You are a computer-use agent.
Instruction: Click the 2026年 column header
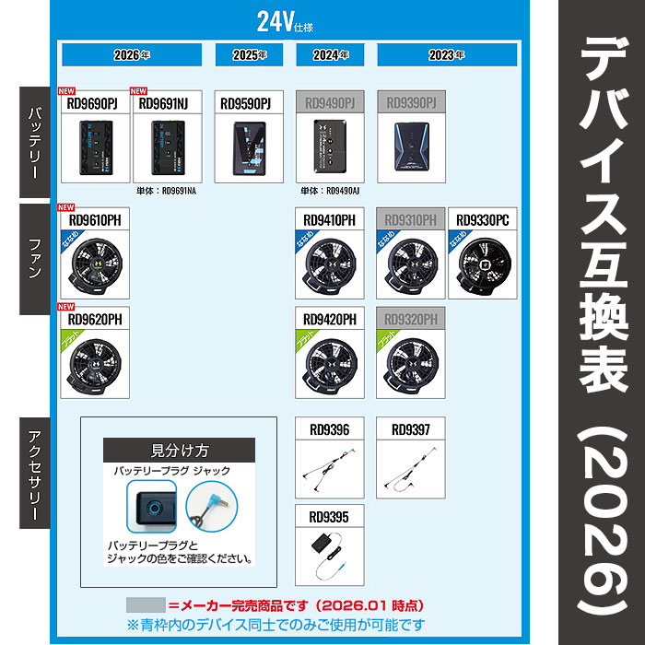130,54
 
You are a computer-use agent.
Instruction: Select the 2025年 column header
249,54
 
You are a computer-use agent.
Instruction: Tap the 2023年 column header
447,54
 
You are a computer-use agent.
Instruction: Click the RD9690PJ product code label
92,104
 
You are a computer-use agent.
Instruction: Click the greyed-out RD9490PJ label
329,104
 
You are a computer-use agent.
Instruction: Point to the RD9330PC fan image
483,261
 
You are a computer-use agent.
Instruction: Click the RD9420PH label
330,319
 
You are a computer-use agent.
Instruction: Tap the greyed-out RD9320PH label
410,319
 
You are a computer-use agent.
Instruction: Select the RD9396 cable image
329,465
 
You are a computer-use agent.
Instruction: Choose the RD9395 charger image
329,553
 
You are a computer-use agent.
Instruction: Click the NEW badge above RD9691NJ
139,91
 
